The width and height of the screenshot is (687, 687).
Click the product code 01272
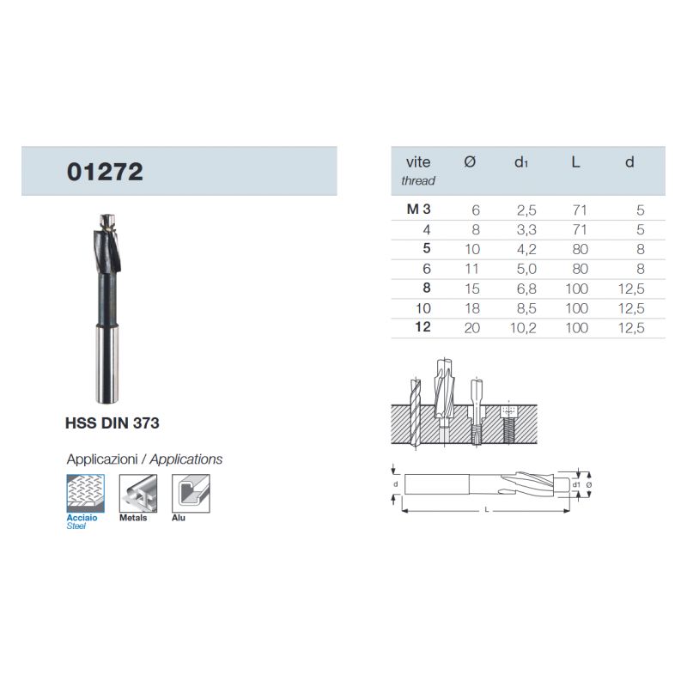click(x=105, y=171)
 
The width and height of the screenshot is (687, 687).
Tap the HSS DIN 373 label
click(x=112, y=423)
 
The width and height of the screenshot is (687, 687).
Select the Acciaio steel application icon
click(x=85, y=493)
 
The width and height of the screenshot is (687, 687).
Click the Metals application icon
click(x=138, y=493)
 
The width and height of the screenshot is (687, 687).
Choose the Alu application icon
click(x=191, y=493)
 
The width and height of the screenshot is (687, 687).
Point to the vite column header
click(x=418, y=162)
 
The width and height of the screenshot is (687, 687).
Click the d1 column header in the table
click(x=521, y=162)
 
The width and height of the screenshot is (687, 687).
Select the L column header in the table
click(x=575, y=162)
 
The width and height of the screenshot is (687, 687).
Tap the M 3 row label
click(x=418, y=209)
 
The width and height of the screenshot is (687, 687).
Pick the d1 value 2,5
click(x=526, y=210)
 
